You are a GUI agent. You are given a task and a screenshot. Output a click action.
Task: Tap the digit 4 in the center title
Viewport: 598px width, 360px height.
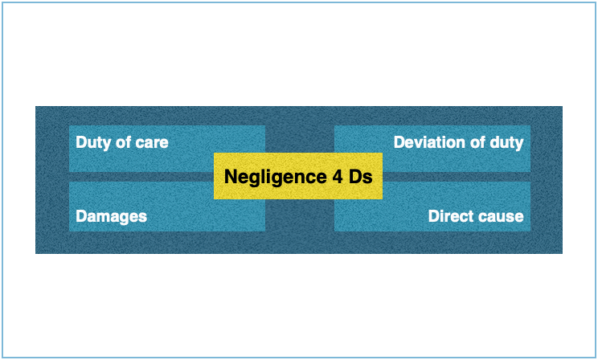click(x=337, y=177)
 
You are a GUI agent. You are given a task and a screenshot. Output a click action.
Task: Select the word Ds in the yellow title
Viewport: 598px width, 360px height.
click(x=361, y=177)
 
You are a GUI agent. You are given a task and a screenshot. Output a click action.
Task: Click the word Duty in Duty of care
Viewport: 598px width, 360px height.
click(x=92, y=142)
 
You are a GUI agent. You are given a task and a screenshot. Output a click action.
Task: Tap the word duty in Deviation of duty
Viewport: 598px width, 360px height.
click(x=506, y=142)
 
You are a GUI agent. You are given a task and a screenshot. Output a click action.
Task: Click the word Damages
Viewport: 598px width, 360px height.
click(x=111, y=216)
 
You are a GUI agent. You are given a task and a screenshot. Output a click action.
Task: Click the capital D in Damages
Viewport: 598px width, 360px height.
click(x=81, y=216)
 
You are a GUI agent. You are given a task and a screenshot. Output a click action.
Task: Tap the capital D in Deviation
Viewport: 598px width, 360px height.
click(x=399, y=142)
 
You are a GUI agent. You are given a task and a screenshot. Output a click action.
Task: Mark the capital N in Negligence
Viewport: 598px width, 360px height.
click(x=231, y=177)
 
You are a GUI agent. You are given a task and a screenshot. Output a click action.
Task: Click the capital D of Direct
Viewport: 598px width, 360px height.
click(x=434, y=216)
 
